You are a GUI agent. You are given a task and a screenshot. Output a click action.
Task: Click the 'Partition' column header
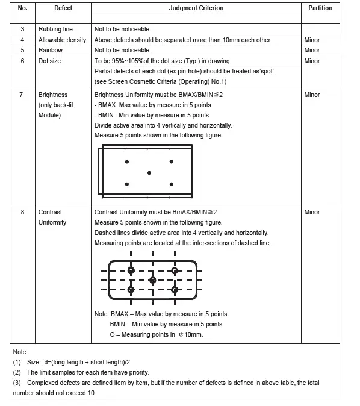pos(320,8)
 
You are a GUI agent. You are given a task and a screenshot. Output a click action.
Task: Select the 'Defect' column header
pos(63,8)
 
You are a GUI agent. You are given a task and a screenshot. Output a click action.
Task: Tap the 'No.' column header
pos(23,8)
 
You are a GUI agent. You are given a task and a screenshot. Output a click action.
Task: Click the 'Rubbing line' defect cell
pos(55,29)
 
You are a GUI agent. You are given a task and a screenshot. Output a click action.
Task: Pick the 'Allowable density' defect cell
pos(62,40)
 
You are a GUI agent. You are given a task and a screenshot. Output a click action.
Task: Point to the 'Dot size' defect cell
pos(51,61)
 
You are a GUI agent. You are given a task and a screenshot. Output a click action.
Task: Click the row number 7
pos(22,95)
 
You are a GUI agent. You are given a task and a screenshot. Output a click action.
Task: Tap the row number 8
pos(22,212)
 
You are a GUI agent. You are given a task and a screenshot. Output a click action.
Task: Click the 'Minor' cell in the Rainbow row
pos(312,50)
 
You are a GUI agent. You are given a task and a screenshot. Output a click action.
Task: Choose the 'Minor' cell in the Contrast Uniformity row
pos(312,212)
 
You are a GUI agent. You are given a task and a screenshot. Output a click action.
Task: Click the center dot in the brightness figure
pos(149,173)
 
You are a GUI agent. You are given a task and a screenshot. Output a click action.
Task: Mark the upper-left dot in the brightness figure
pos(126,162)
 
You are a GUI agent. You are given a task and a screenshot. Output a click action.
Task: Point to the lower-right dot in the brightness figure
pos(172,184)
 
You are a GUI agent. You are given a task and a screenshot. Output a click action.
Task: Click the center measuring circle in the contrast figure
pos(152,280)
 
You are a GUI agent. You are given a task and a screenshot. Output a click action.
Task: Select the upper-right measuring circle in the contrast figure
pos(175,271)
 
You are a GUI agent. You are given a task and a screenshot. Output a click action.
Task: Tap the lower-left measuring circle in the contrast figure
pos(131,290)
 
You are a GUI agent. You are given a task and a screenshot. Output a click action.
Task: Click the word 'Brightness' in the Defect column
pos(53,95)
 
